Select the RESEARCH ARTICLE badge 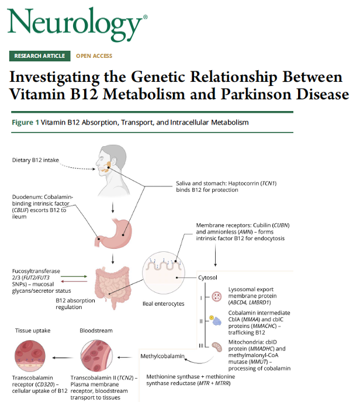click(x=40, y=56)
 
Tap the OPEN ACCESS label click(x=94, y=56)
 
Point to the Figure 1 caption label click(x=26, y=123)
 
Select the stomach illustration click(x=117, y=230)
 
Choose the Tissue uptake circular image click(x=32, y=357)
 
